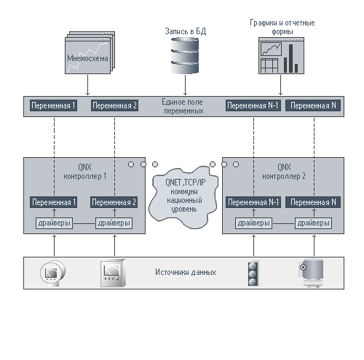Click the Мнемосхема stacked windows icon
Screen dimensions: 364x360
(x=90, y=52)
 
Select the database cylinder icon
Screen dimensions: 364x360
(x=185, y=55)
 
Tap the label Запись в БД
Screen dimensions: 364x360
(x=186, y=31)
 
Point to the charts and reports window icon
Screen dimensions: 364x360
(x=281, y=56)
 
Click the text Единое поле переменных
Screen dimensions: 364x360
(x=183, y=106)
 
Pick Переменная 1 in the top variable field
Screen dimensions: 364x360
(x=53, y=105)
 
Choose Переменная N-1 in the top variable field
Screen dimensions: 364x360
(x=253, y=105)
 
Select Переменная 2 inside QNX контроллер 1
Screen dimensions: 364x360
(x=114, y=202)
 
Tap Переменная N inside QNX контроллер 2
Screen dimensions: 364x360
(x=313, y=202)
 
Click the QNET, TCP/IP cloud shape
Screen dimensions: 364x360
(x=183, y=197)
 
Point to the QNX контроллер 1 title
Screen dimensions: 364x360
(x=84, y=172)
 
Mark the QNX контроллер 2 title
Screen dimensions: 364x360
(x=284, y=172)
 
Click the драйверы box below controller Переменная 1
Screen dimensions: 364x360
(x=54, y=223)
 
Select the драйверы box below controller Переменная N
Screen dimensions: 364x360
(x=313, y=223)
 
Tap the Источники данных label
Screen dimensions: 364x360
(x=186, y=272)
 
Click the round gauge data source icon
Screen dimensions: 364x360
(x=52, y=273)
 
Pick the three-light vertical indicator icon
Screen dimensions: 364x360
(x=253, y=273)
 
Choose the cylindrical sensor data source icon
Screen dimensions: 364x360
(x=312, y=273)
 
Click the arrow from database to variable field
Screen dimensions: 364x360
(x=185, y=85)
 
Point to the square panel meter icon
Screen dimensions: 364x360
(x=113, y=273)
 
